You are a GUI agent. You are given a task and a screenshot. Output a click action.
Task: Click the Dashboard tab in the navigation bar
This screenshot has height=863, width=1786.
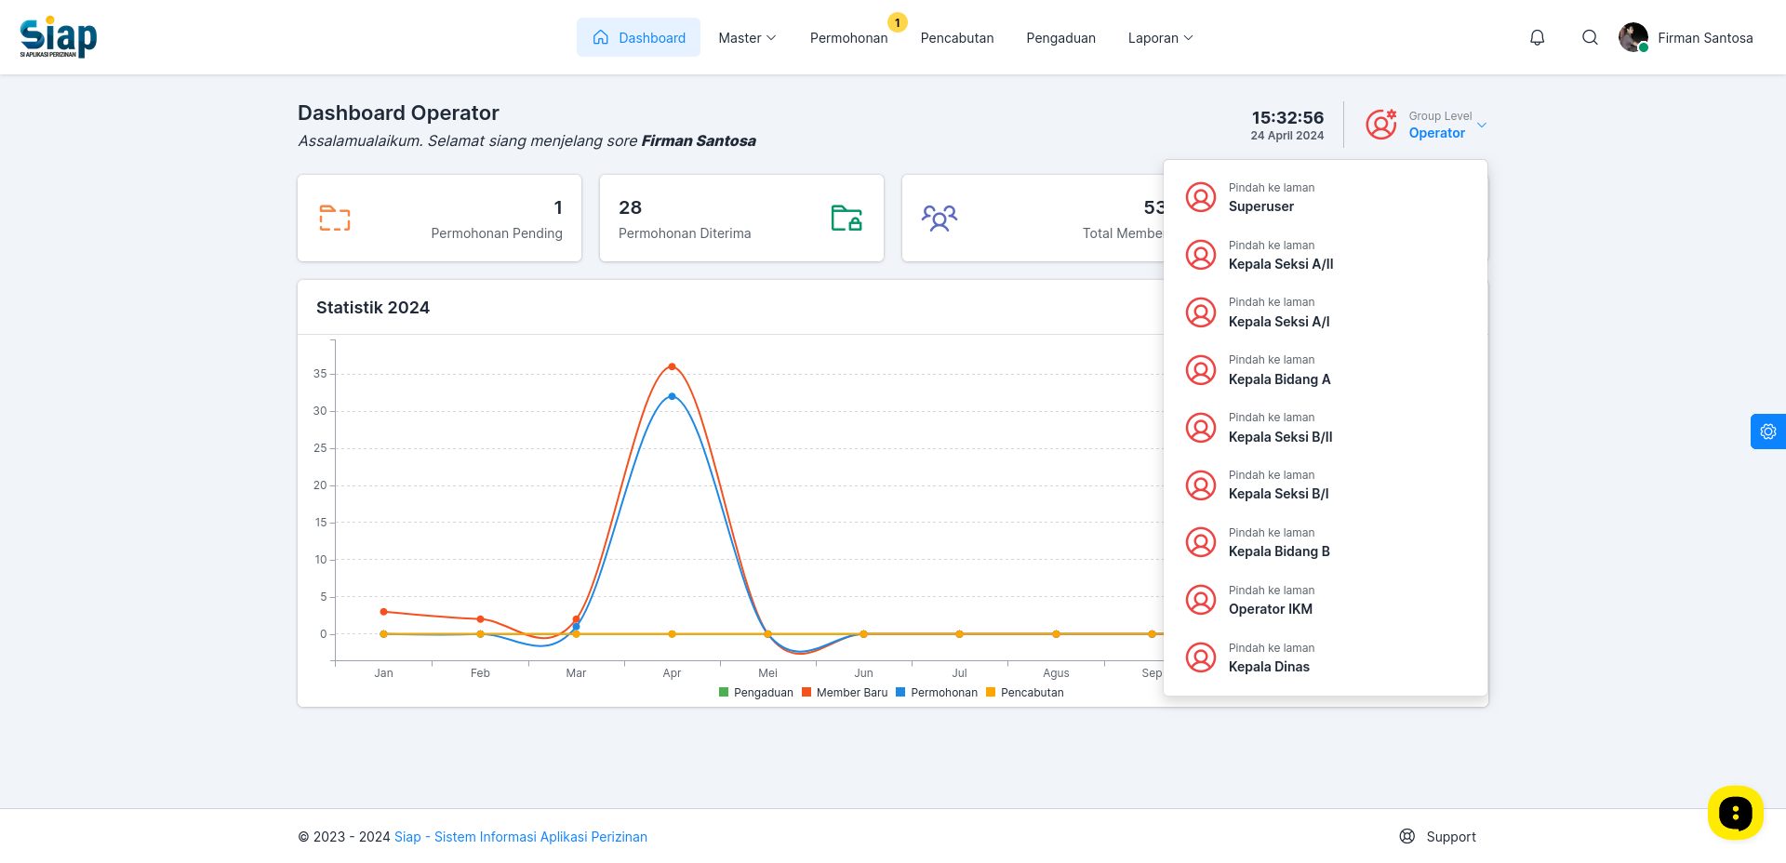click(638, 37)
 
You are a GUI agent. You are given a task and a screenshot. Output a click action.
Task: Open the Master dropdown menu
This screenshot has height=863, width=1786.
click(747, 38)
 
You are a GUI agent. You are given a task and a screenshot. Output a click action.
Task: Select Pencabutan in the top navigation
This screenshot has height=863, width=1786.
click(957, 38)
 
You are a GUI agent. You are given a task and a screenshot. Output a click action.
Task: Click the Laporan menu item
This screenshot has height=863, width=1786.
click(1160, 38)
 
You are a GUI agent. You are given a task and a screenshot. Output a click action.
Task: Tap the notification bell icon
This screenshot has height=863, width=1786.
click(1538, 37)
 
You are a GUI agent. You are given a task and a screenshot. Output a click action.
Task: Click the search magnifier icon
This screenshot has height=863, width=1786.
click(1590, 37)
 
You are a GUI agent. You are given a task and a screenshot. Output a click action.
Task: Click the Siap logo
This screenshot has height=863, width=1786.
click(58, 37)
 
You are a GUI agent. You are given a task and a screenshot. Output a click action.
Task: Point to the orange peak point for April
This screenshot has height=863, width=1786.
click(672, 366)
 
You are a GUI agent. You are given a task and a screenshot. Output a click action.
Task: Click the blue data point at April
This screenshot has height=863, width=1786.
click(672, 396)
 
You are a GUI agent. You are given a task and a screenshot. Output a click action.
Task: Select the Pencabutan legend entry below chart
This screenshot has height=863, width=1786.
click(1024, 693)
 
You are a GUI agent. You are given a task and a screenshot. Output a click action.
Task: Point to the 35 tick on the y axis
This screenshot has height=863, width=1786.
click(320, 374)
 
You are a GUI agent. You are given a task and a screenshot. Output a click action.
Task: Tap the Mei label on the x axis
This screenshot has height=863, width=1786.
click(767, 673)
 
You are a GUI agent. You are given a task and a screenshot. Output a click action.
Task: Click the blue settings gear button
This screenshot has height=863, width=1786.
click(1768, 431)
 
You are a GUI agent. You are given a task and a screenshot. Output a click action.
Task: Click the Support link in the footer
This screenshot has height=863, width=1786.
click(1438, 837)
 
